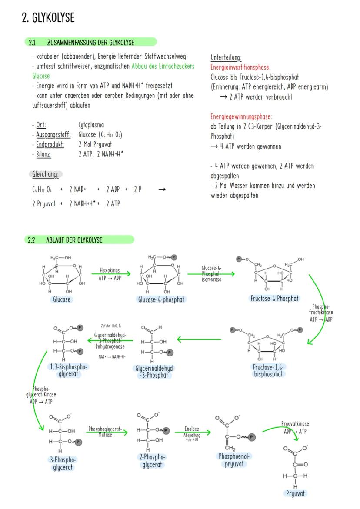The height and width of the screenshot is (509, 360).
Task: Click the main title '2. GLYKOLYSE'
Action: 48,18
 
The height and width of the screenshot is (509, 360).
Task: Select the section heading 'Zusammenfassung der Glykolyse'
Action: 90,43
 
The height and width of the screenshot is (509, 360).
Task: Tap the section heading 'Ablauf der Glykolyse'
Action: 74,240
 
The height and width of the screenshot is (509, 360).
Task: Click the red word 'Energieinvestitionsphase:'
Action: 240,67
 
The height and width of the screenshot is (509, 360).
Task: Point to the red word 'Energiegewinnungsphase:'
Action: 241,117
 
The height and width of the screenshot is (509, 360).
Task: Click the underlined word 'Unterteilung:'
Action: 226,58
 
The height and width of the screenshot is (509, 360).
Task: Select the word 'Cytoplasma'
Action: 91,125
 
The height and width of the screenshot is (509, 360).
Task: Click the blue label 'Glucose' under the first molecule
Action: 62,299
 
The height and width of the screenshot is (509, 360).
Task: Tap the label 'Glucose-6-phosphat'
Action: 161,299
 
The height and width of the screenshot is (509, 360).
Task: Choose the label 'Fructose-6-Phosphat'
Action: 274,298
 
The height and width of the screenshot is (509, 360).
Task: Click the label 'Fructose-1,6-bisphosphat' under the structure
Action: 268,370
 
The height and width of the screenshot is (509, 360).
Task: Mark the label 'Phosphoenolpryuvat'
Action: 236,460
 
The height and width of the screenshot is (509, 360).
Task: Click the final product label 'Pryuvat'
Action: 295,493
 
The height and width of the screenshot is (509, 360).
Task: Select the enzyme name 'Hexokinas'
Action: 110,270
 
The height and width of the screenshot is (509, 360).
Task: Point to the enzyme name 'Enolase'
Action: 192,429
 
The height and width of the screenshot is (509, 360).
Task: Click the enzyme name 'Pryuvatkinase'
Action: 295,423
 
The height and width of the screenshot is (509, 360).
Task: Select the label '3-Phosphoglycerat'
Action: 61,463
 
